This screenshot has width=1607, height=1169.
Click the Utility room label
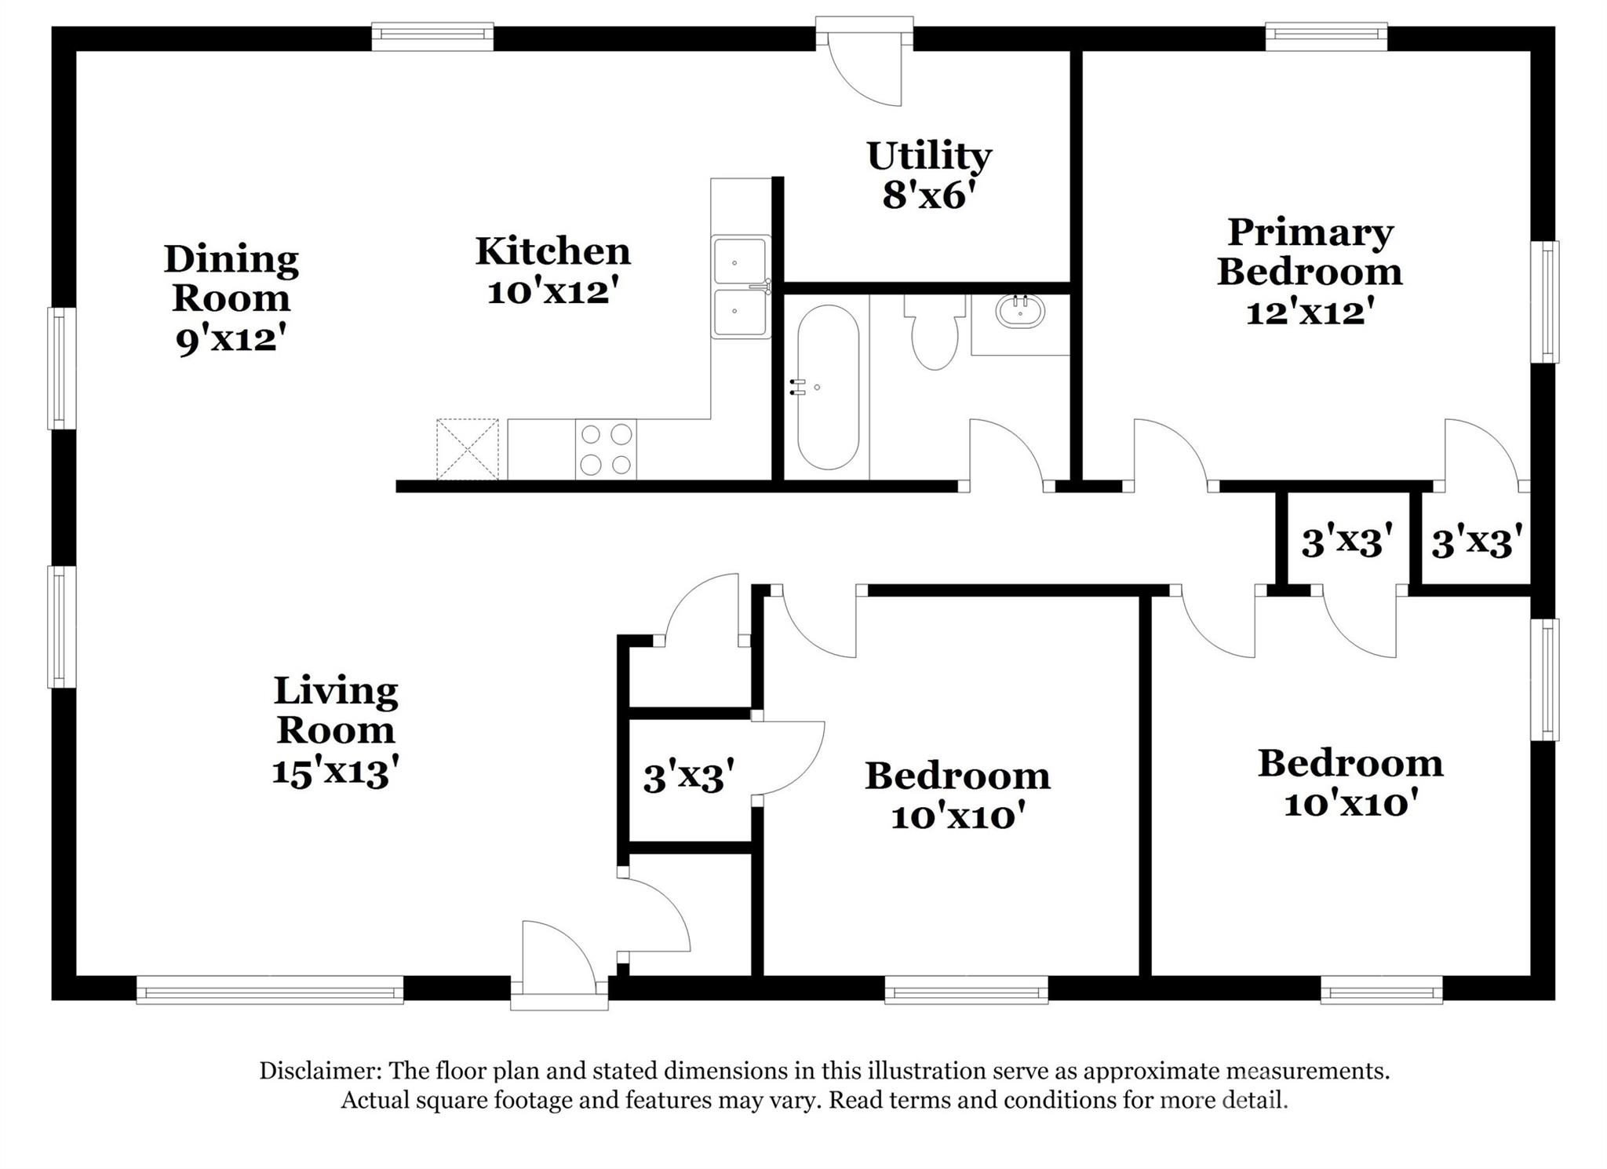point(929,157)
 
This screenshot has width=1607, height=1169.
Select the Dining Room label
point(231,278)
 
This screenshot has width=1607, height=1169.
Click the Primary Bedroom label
point(1310,252)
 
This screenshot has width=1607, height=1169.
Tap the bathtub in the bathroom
point(828,387)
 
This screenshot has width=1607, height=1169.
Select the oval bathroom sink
point(1020,312)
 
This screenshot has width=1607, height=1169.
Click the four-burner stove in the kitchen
point(606,450)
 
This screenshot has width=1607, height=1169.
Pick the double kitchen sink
point(740,287)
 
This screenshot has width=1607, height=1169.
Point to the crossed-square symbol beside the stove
point(467,449)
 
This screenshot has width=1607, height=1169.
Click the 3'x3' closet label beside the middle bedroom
point(689,778)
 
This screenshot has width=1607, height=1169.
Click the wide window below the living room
point(270,989)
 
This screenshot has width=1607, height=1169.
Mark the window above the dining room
point(432,36)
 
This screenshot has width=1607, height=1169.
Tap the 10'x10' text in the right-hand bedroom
point(1351,804)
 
